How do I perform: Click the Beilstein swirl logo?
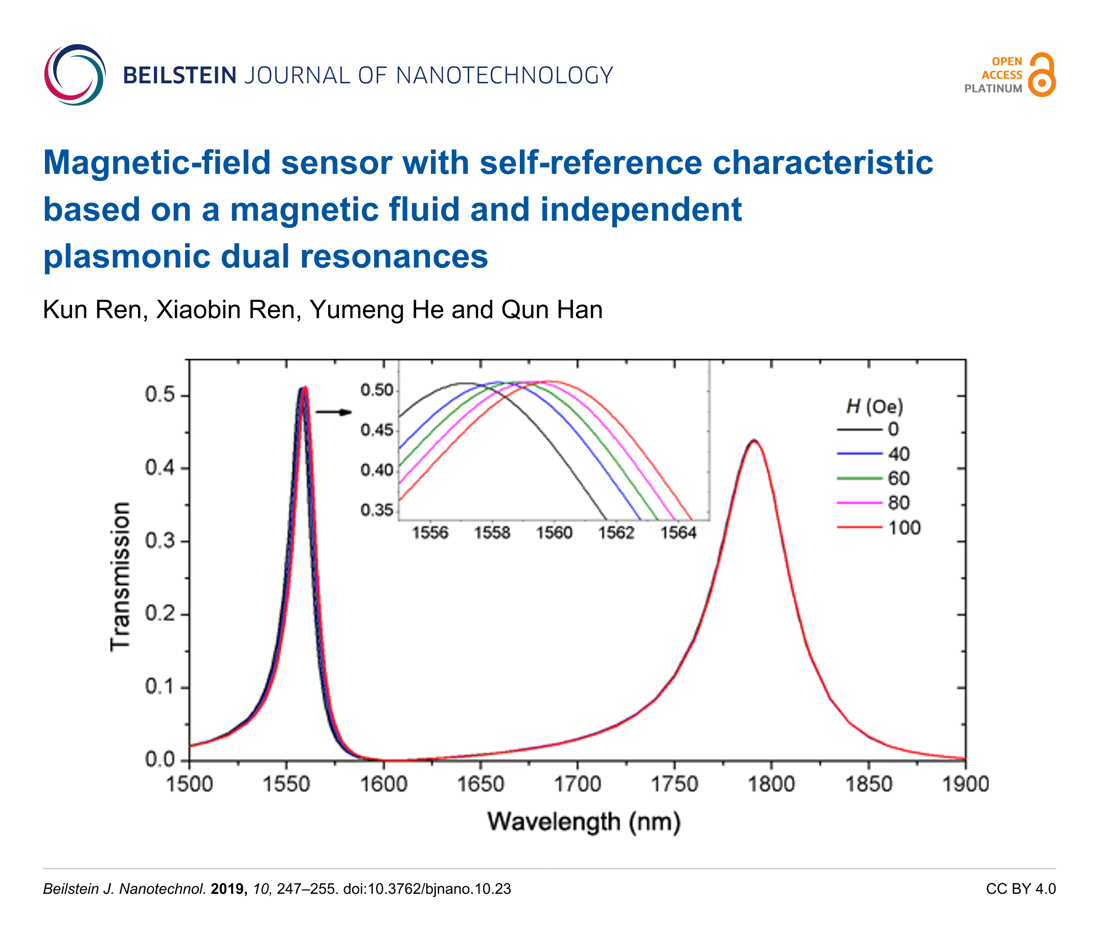click(75, 75)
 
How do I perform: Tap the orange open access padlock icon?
click(1041, 75)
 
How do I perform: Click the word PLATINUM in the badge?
click(993, 89)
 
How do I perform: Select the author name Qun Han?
click(552, 310)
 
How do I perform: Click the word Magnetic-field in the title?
click(156, 163)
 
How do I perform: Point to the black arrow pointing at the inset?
click(334, 412)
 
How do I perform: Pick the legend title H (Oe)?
click(874, 407)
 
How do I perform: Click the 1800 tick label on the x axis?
click(771, 784)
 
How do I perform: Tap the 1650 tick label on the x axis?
click(480, 784)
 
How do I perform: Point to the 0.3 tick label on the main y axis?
click(159, 541)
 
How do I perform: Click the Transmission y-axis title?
click(121, 577)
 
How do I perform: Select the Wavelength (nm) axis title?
click(583, 822)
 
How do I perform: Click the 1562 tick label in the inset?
click(616, 533)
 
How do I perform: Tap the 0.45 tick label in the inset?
click(377, 430)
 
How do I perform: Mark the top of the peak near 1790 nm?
click(753, 441)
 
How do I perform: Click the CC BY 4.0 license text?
click(1020, 889)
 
